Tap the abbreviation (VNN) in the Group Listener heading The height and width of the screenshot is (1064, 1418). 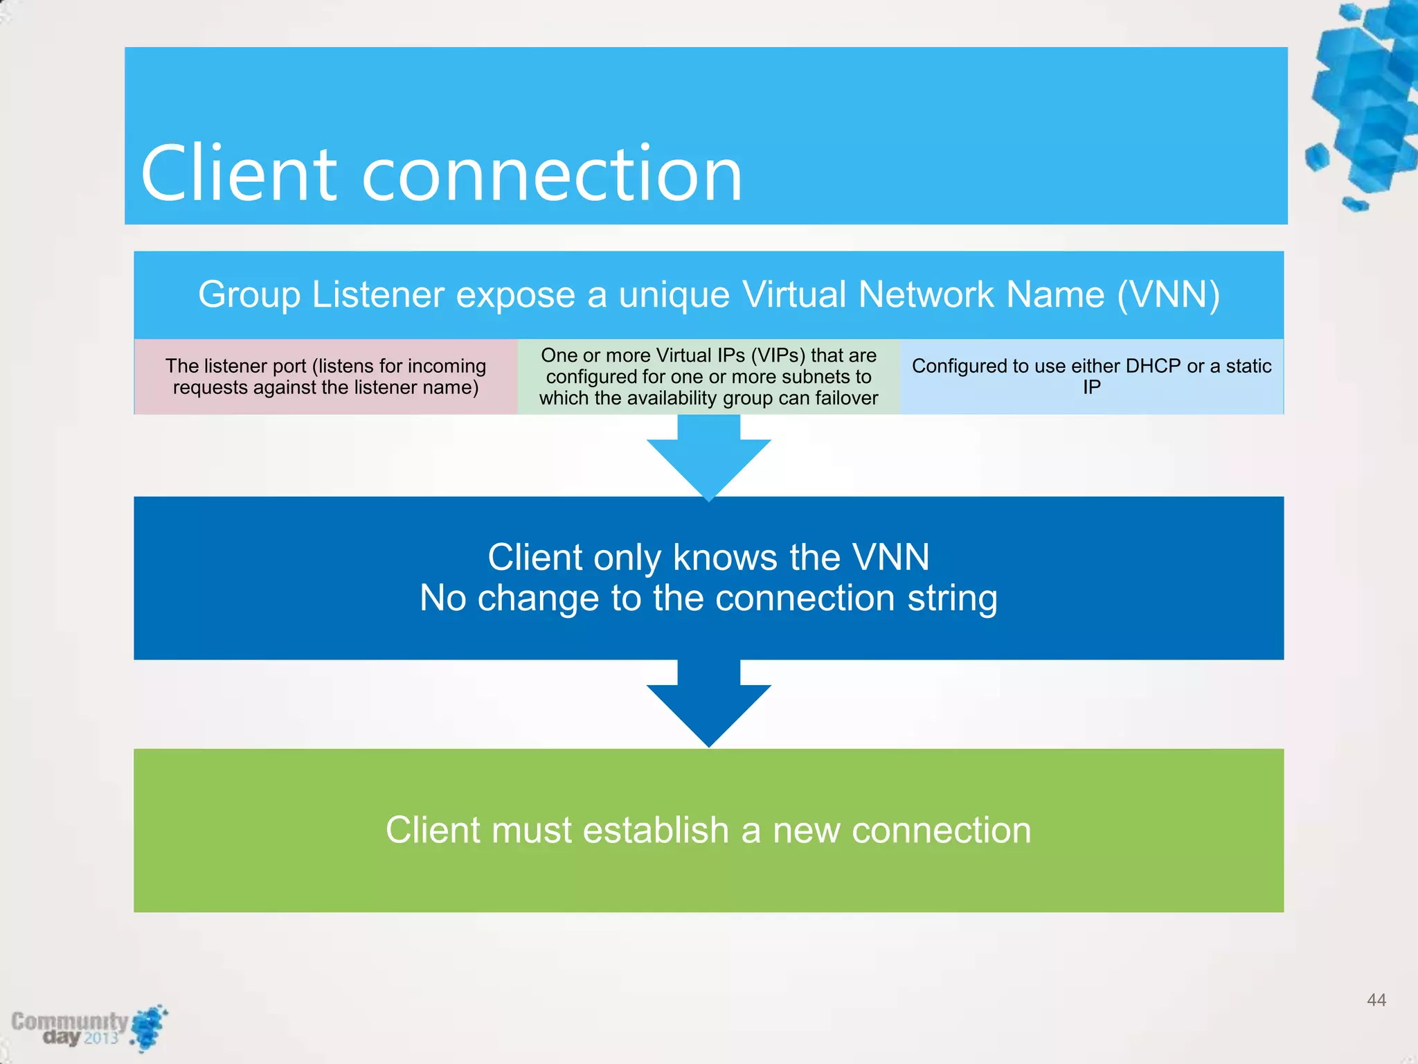coord(1168,295)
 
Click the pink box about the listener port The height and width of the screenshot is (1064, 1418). coord(325,377)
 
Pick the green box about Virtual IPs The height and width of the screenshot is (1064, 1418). coord(708,377)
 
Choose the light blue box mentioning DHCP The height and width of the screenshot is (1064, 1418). coord(1091,377)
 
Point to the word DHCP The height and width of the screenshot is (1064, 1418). coord(1153,366)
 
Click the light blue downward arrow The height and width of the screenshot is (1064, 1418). coord(708,456)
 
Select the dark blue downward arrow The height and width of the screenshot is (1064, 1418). coord(708,703)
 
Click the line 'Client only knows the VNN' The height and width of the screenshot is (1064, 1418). coord(708,557)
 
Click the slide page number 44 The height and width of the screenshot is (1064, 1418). coord(1376,1000)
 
